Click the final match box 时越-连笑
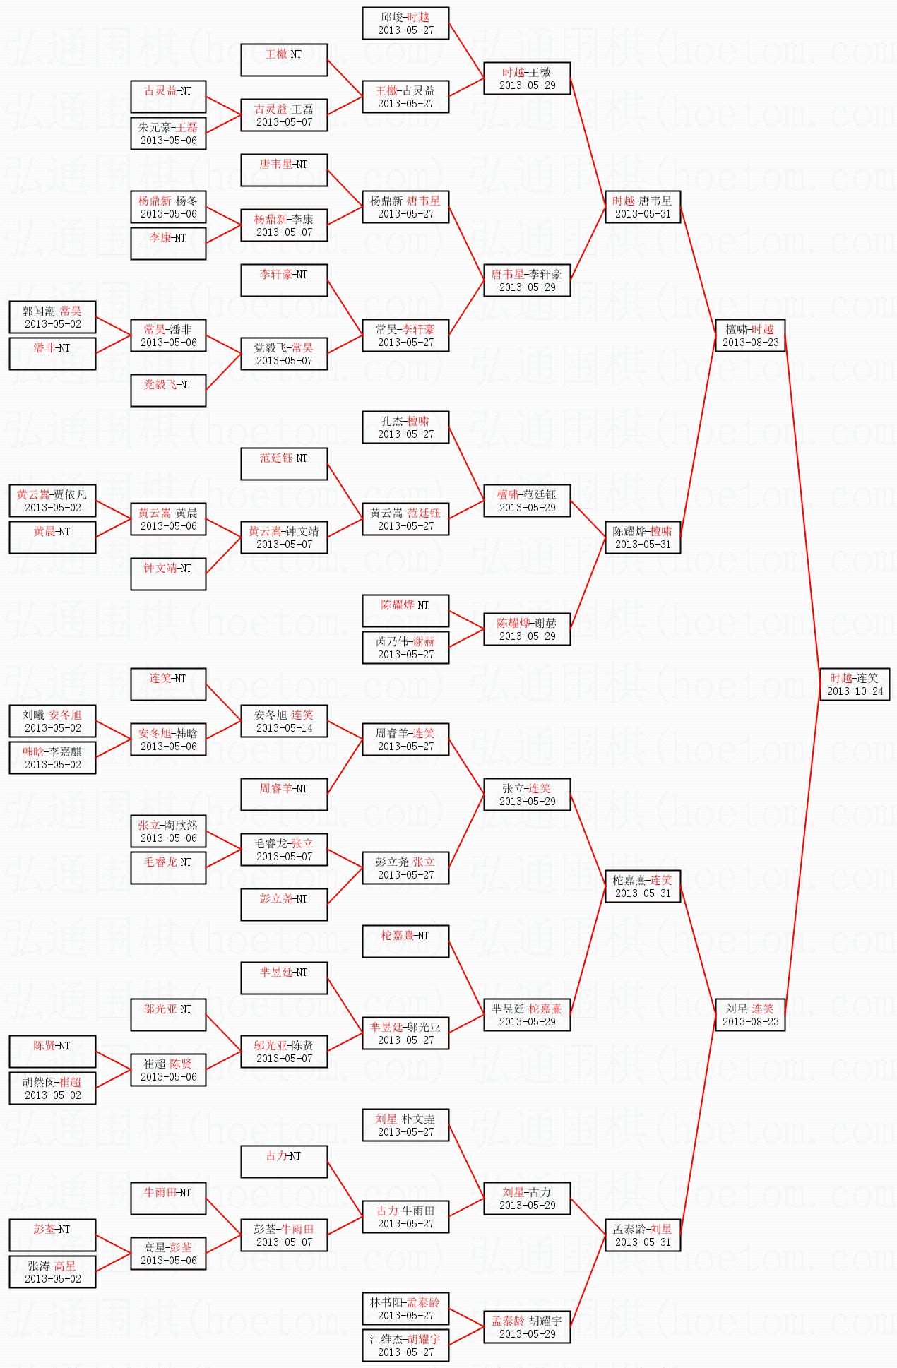pyautogui.click(x=855, y=684)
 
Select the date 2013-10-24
pyautogui.click(x=855, y=691)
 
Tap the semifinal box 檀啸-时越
pyautogui.click(x=750, y=335)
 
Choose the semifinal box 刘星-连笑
pyautogui.click(x=750, y=1015)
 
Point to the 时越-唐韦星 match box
pyautogui.click(x=643, y=207)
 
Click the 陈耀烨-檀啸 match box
pyautogui.click(x=643, y=537)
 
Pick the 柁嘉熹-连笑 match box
pyautogui.click(x=643, y=886)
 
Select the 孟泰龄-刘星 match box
pyautogui.click(x=643, y=1235)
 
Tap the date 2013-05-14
pyautogui.click(x=284, y=728)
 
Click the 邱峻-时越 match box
pyautogui.click(x=405, y=23)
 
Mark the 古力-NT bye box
pyautogui.click(x=284, y=1162)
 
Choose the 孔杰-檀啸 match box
pyautogui.click(x=405, y=427)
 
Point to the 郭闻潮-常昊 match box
pyautogui.click(x=52, y=317)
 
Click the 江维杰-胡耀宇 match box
pyautogui.click(x=405, y=1345)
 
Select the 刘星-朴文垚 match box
pyautogui.click(x=405, y=1125)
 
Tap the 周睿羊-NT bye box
pyautogui.click(x=284, y=795)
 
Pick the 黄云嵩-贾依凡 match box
pyautogui.click(x=52, y=501)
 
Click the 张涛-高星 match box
pyautogui.click(x=52, y=1272)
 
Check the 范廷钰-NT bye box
pyautogui.click(x=284, y=464)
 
